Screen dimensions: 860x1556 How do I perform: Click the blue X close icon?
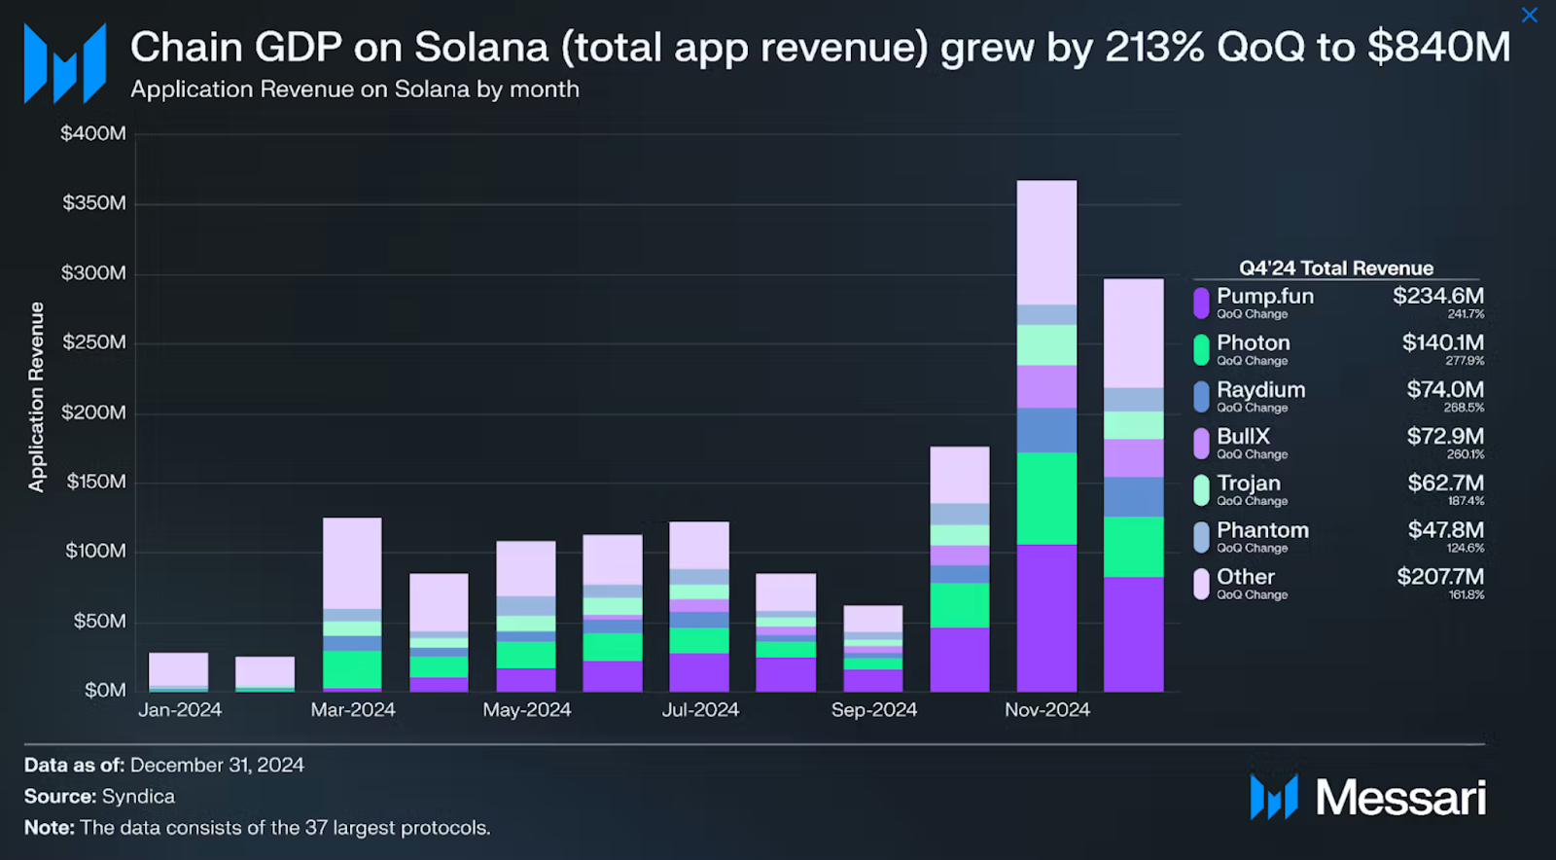[x=1529, y=15]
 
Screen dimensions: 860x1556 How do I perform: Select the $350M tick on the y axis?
[x=94, y=203]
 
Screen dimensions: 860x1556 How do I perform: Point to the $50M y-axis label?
[x=99, y=621]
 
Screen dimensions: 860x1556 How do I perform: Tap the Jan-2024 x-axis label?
[x=180, y=710]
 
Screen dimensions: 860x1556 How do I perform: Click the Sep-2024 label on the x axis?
[x=873, y=710]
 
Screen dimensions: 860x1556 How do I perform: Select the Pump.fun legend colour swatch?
[x=1201, y=303]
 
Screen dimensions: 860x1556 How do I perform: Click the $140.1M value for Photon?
[x=1442, y=342]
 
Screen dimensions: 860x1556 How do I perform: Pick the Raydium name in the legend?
[x=1260, y=389]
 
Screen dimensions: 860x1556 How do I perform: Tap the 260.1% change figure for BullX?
[x=1465, y=454]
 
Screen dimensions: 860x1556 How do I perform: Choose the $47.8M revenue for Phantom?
[x=1445, y=530]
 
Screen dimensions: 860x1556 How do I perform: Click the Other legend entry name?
[x=1245, y=577]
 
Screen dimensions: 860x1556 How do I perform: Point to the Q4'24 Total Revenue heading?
[x=1335, y=269]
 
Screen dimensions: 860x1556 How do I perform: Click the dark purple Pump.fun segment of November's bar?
[x=1046, y=618]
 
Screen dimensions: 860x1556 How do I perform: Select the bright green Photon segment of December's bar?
[x=1133, y=547]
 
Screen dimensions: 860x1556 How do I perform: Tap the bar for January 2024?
[x=178, y=670]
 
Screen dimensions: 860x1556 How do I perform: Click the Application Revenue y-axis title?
[x=37, y=397]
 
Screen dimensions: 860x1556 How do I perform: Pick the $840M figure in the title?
[x=1438, y=47]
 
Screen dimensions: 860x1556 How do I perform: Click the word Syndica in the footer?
[x=138, y=797]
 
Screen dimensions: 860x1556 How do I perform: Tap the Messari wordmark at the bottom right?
[x=1399, y=798]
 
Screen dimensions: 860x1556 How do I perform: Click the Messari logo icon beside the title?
[x=65, y=63]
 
